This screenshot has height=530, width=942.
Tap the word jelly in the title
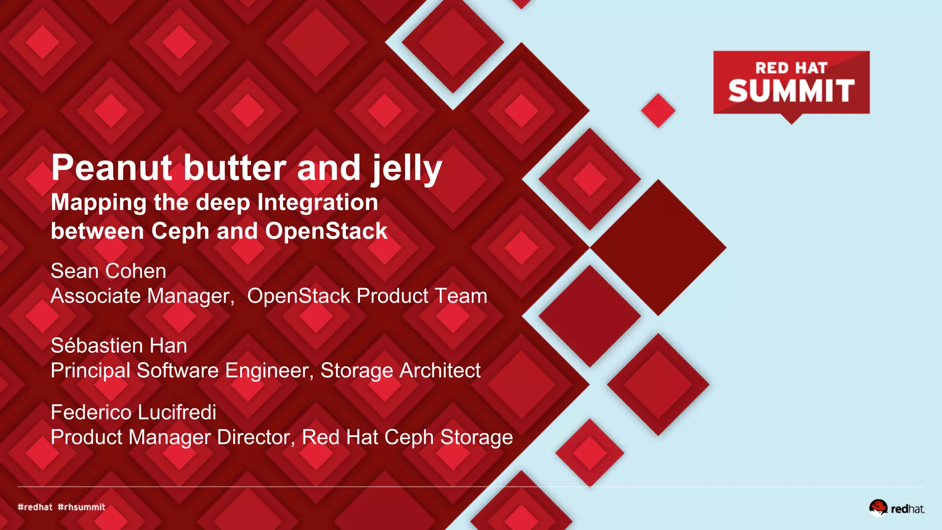(x=407, y=168)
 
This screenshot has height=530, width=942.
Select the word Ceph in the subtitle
(x=180, y=231)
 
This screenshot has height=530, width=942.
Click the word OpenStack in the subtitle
(x=326, y=231)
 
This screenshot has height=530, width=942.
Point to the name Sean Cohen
(x=109, y=271)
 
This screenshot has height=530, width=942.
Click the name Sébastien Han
(x=119, y=346)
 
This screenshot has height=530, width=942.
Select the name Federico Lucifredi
(x=133, y=412)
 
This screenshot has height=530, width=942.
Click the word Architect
(x=440, y=370)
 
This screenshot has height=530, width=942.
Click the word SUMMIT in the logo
(x=791, y=91)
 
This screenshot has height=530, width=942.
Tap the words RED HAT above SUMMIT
(x=791, y=68)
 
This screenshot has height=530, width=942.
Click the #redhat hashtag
(x=35, y=507)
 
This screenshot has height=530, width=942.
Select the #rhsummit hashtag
(x=81, y=507)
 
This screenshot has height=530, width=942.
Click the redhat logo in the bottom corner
(x=897, y=508)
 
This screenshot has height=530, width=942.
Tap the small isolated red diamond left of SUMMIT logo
(x=658, y=110)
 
